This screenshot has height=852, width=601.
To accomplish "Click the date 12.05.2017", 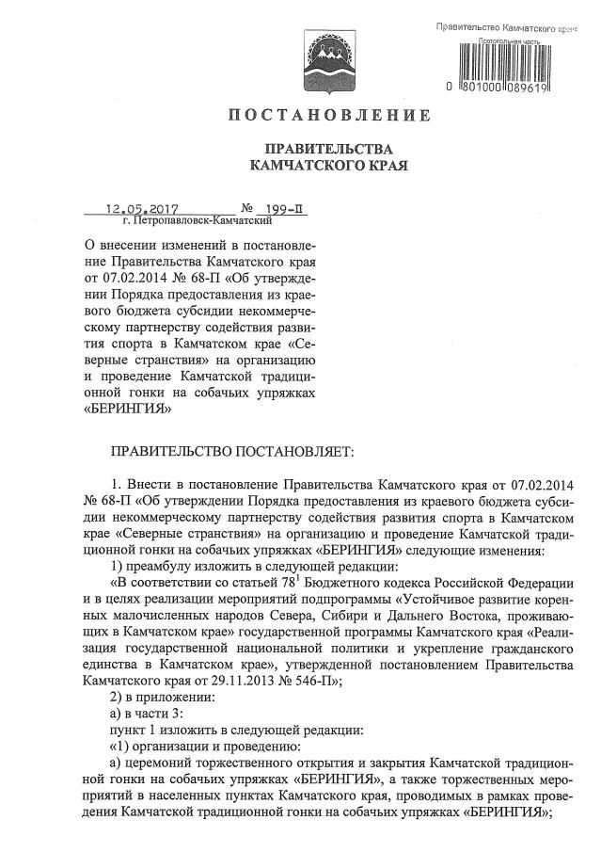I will click(x=143, y=208).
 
